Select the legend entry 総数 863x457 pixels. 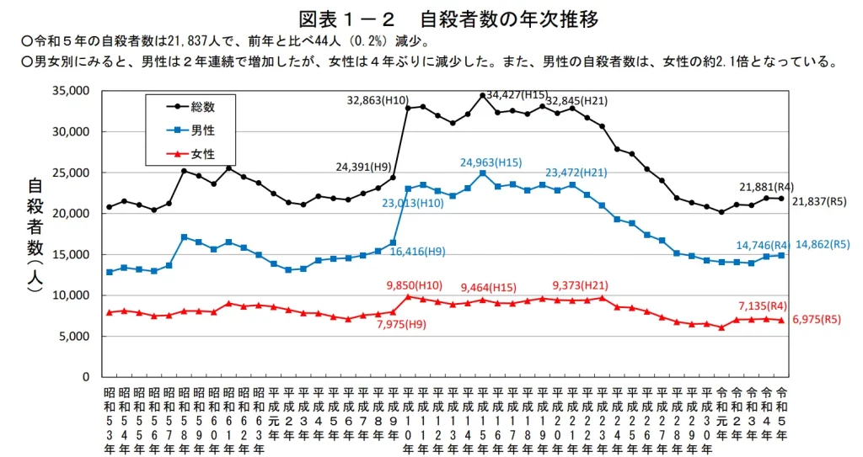pos(203,106)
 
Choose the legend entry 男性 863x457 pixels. pos(203,130)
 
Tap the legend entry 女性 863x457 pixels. pos(203,155)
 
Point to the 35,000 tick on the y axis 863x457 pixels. pos(72,91)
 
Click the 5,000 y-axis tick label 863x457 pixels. pos(76,336)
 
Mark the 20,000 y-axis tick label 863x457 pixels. pos(72,214)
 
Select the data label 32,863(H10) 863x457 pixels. pos(378,101)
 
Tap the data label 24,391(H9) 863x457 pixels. pos(363,167)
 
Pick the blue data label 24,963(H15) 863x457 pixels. pos(490,162)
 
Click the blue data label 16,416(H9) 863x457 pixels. pos(418,251)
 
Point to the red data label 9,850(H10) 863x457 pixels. pos(415,285)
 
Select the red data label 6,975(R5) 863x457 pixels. pos(817,321)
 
